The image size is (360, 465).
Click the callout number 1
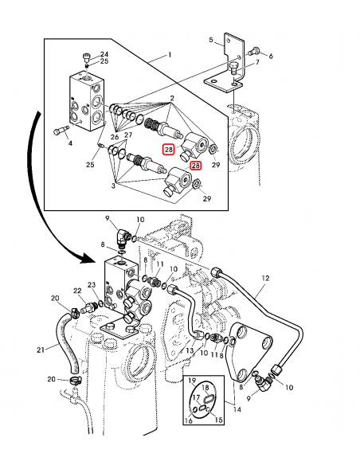pyautogui.click(x=170, y=55)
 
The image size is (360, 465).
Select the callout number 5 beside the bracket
pyautogui.click(x=211, y=40)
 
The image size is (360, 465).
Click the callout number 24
pyautogui.click(x=104, y=54)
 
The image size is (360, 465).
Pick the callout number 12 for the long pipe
pyautogui.click(x=265, y=278)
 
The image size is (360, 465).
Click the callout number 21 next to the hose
pyautogui.click(x=41, y=350)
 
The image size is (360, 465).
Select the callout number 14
pyautogui.click(x=237, y=409)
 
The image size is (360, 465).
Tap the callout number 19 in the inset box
pyautogui.click(x=192, y=381)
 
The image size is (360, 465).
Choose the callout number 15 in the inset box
pyautogui.click(x=218, y=420)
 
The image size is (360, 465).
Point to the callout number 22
pyautogui.click(x=77, y=291)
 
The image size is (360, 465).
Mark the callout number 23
pyautogui.click(x=92, y=285)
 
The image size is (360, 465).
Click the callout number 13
pyautogui.click(x=190, y=350)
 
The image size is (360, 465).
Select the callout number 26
pyautogui.click(x=115, y=137)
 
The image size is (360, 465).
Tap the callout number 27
pyautogui.click(x=128, y=135)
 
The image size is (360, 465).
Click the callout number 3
pyautogui.click(x=113, y=186)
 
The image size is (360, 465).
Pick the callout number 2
pyautogui.click(x=172, y=99)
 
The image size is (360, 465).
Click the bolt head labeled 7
pyautogui.click(x=233, y=68)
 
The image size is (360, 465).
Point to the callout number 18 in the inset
pyautogui.click(x=205, y=388)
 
